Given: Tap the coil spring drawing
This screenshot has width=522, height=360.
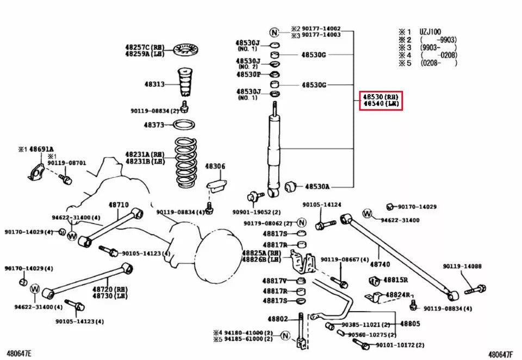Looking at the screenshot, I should tap(186, 164).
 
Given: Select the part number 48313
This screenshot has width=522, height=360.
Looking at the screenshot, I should tap(154, 84).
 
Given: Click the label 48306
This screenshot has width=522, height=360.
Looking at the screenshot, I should tap(215, 166).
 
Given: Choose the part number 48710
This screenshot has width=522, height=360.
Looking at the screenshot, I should tap(118, 205).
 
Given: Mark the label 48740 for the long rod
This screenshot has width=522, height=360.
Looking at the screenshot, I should tap(380, 264).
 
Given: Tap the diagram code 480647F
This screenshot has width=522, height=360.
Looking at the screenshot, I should tap(500, 354).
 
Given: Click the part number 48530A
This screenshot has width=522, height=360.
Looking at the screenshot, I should tap(317, 187).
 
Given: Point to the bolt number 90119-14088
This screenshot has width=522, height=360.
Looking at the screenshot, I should tap(462, 266).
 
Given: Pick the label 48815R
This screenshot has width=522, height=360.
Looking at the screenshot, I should tap(396, 280).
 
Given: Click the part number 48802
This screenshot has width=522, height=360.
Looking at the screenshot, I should tap(277, 319).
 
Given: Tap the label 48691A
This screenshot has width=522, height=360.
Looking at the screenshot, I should tap(41, 148).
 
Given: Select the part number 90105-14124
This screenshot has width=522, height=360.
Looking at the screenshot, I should tap(322, 205).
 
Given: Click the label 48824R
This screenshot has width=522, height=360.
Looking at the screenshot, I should tap(397, 295).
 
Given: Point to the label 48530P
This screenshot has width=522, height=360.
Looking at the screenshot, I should tap(248, 74).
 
